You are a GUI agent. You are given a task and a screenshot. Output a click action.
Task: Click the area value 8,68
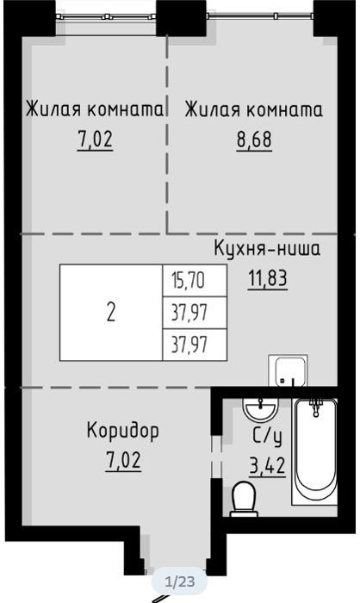coord(254,140)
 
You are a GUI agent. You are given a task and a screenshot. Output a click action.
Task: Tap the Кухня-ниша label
coord(267,249)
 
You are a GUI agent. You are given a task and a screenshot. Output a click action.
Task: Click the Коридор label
coord(122,431)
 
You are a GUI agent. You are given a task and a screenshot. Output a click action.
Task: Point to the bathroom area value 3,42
coord(267,466)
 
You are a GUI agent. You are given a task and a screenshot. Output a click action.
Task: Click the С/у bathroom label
coord(267,437)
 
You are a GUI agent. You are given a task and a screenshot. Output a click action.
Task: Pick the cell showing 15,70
coord(195,280)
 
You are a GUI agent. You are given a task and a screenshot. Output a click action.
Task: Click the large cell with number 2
coord(111,312)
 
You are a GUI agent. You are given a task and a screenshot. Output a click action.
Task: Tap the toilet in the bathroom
coord(244,499)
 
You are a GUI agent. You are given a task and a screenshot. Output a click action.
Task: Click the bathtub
coord(315,451)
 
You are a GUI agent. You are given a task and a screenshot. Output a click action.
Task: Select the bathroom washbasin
coord(260,409)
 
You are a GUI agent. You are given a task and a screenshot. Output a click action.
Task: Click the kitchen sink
coord(288,370)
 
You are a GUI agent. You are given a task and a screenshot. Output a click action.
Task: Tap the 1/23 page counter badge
coord(180,581)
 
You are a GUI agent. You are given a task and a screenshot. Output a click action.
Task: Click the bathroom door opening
coord(216,457)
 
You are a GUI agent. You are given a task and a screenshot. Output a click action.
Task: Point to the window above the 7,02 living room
coord(106,16)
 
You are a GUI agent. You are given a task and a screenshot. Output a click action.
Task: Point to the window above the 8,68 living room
coord(259,16)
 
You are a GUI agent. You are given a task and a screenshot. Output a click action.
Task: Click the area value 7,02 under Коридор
coord(123,460)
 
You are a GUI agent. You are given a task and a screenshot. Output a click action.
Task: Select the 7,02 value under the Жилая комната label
coord(95,140)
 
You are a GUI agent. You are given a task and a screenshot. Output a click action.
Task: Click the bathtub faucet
coord(316,407)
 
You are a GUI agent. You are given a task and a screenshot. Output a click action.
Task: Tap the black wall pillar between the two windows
coord(182,18)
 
